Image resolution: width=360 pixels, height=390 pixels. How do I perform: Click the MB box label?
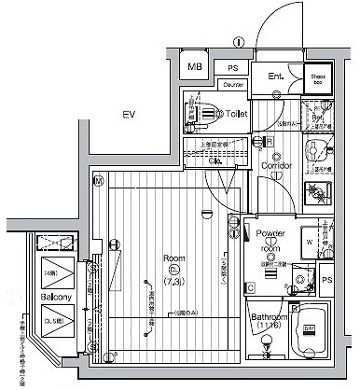click(195, 67)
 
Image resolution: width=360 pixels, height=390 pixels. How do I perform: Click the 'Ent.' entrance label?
click(276, 76)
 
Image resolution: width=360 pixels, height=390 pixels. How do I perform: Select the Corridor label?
click(277, 165)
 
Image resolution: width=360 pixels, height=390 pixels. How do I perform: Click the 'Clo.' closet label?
click(215, 161)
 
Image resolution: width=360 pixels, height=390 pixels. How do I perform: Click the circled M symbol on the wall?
click(97, 180)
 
